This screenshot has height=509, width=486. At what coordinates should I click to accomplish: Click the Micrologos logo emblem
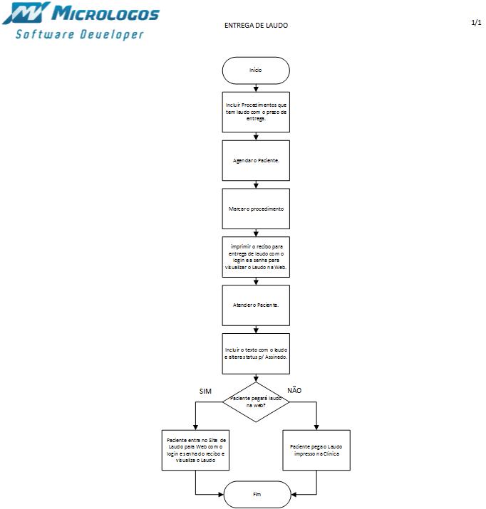tap(28, 14)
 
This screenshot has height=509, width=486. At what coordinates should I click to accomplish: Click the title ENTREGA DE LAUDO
tap(256, 26)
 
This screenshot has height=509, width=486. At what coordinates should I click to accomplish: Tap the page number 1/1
tap(476, 22)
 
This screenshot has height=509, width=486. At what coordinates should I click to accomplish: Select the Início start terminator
tap(256, 70)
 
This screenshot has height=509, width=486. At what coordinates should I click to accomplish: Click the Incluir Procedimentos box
tap(256, 112)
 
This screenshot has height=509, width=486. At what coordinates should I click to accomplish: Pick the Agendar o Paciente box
tap(256, 160)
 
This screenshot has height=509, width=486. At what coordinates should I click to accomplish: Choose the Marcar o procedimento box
tap(256, 209)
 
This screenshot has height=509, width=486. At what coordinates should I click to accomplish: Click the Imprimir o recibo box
tap(256, 257)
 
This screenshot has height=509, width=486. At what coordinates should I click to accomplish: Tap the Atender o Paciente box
tap(256, 305)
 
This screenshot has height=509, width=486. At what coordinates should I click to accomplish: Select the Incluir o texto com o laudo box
tap(256, 354)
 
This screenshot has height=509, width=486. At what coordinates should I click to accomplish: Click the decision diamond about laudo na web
tap(256, 402)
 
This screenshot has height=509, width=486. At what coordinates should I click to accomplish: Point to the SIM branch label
tap(205, 391)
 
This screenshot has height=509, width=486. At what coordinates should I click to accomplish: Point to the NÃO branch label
tap(294, 390)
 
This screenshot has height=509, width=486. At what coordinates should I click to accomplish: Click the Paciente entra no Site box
tap(195, 450)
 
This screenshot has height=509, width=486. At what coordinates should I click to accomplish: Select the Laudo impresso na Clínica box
tap(316, 450)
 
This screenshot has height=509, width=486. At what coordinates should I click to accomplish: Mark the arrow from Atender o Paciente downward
tap(256, 329)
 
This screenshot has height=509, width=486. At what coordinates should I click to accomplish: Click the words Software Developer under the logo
tap(80, 34)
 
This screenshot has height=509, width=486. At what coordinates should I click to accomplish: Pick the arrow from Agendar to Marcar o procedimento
tap(256, 184)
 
